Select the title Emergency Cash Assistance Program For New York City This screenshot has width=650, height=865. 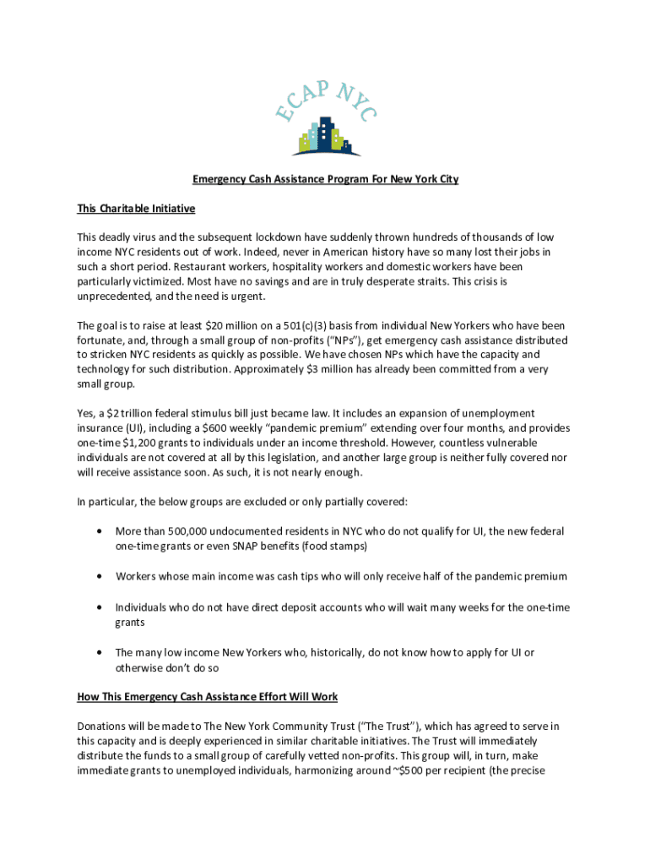tap(325, 179)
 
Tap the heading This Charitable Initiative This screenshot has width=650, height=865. tap(136, 209)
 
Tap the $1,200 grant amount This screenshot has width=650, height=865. tap(141, 443)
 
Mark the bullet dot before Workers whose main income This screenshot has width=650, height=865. tap(100, 576)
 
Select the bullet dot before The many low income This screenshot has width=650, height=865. tap(100, 652)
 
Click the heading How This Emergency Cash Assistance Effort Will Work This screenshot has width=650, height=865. tap(207, 697)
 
